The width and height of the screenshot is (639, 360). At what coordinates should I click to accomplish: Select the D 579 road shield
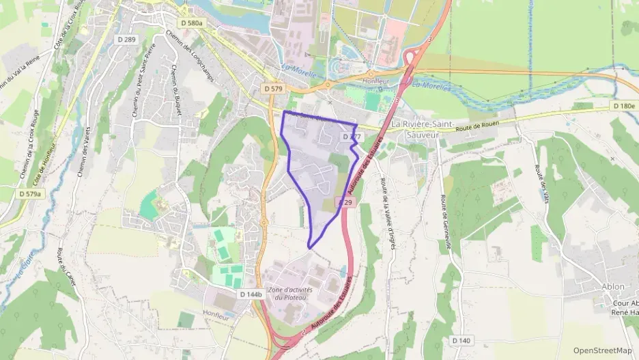pos(274,89)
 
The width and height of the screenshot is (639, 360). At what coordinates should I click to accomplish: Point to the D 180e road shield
pos(623,106)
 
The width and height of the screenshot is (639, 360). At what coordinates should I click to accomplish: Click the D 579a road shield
pos(30,194)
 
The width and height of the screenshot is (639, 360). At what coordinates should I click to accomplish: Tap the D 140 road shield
pos(461,340)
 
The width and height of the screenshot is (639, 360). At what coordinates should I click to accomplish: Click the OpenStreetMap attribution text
pos(603,350)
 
